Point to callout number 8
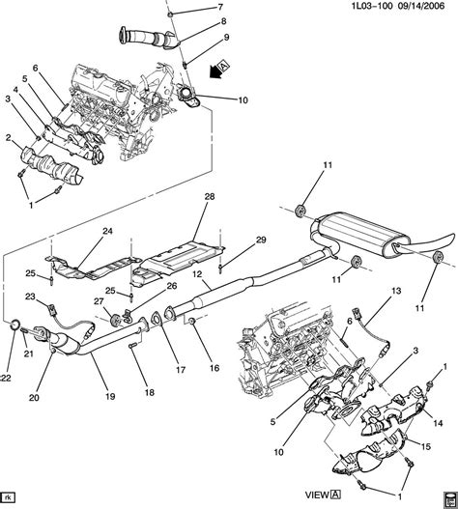tap(223, 21)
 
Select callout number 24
tap(107, 231)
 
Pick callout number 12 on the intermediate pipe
tap(198, 275)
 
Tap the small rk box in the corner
tap(11, 499)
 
